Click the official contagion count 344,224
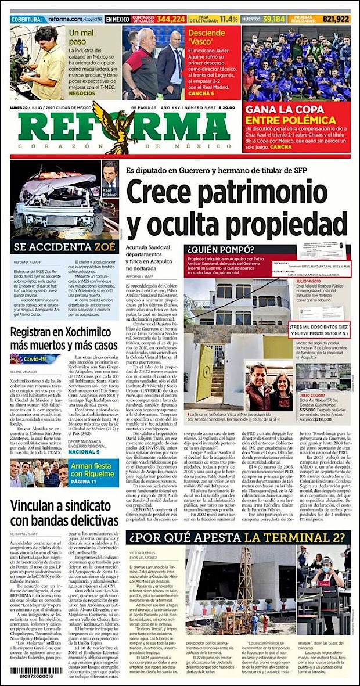coord(171,19)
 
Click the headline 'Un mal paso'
coord(81,37)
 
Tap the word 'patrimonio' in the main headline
coord(285,192)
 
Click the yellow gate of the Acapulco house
coord(206,358)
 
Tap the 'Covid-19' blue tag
coord(35,358)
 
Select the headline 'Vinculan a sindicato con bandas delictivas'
coord(64,512)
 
